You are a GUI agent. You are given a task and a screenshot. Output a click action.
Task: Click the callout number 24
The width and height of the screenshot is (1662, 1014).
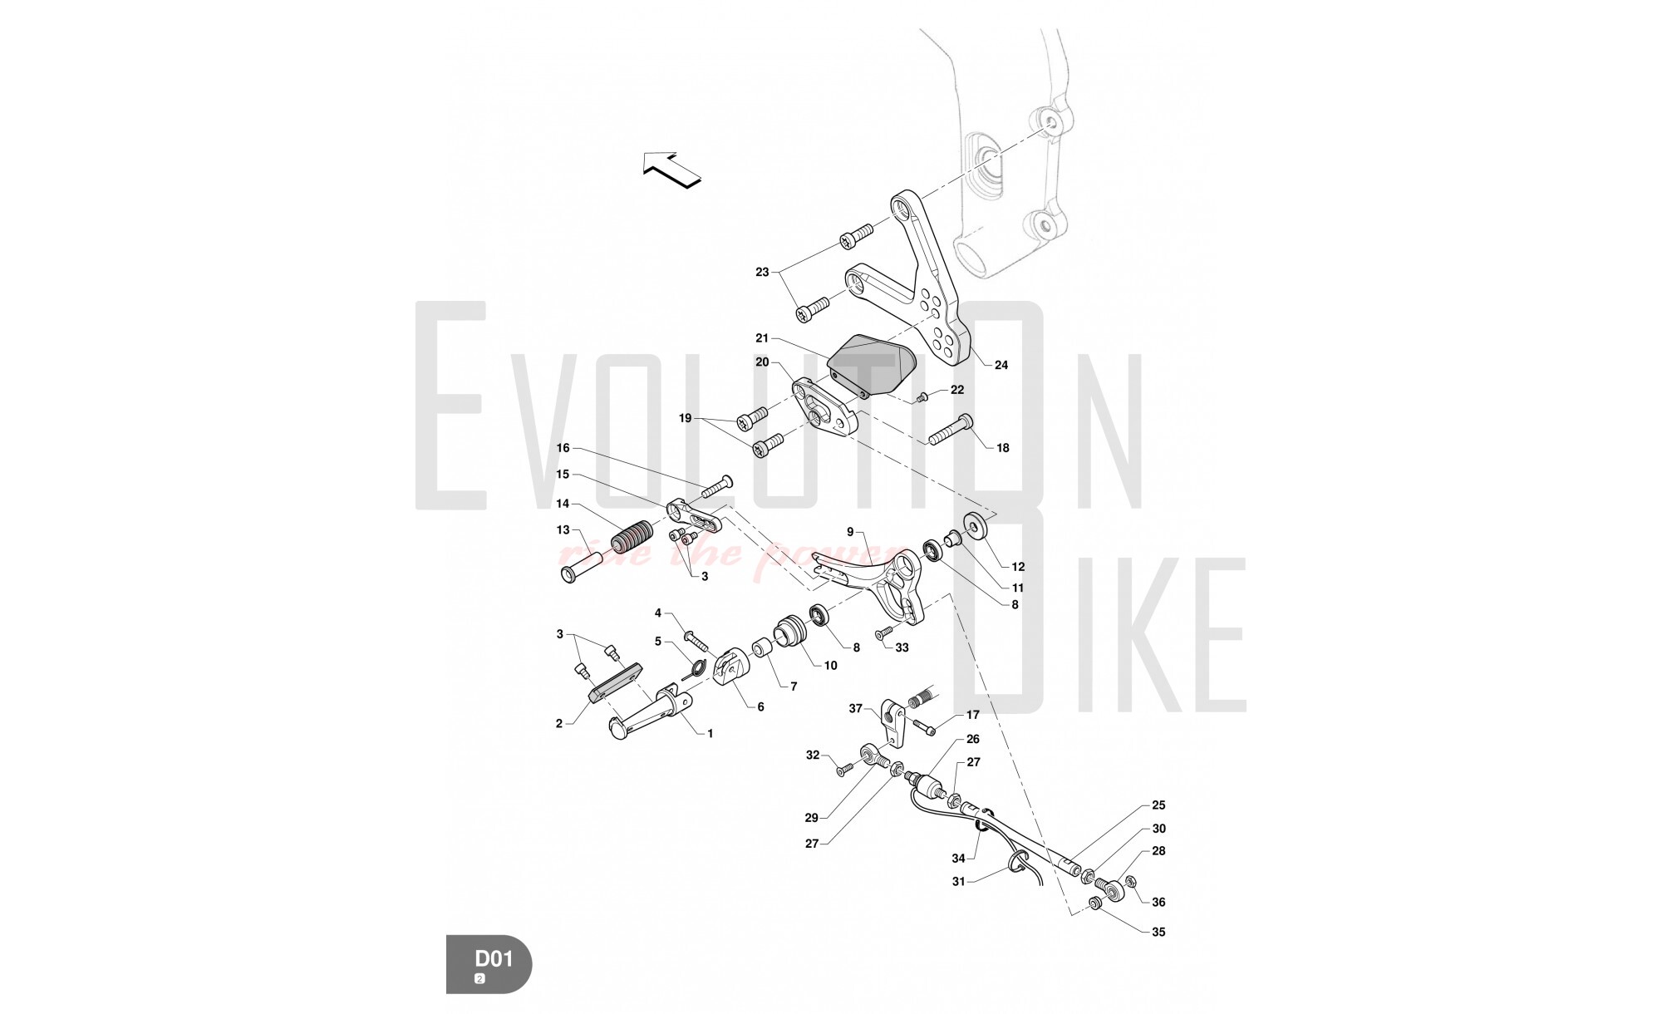1001,365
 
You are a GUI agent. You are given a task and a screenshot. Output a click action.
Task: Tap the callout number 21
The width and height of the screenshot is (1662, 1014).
762,338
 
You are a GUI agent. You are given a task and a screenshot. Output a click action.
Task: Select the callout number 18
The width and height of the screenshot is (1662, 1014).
1002,448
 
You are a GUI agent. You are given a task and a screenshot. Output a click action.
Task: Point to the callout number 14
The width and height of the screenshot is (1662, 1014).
563,504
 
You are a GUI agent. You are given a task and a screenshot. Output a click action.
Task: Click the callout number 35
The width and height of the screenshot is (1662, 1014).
1158,932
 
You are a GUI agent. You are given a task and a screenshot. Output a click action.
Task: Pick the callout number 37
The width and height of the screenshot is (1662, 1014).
856,708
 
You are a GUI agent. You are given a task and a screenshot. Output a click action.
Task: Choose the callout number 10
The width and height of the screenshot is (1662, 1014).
829,665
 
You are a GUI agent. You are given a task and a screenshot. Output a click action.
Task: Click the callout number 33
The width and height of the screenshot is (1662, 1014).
902,648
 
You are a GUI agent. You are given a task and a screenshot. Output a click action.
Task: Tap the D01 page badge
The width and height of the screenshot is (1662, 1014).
489,963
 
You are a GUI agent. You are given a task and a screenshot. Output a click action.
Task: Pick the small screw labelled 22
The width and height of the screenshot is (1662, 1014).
922,399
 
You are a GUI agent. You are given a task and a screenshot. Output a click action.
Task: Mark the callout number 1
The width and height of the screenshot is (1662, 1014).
710,734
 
